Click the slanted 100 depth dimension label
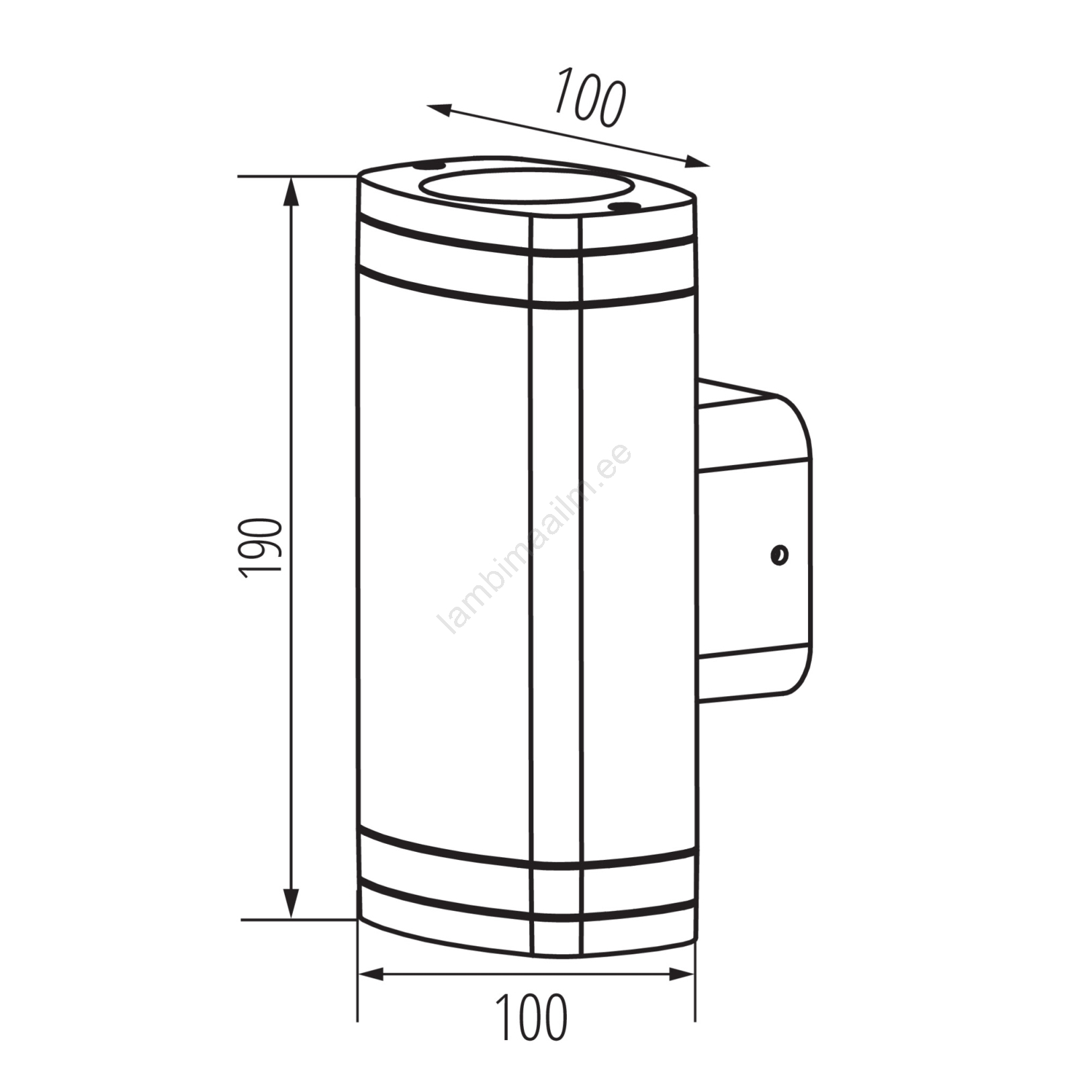(590, 96)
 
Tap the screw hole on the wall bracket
(779, 556)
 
